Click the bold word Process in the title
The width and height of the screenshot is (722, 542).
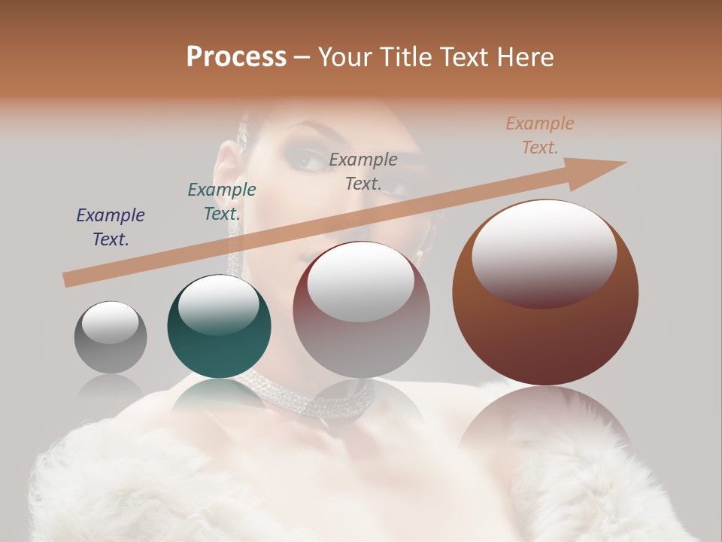click(x=236, y=57)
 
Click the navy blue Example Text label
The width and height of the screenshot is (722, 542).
click(x=111, y=227)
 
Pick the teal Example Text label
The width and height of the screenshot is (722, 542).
click(x=222, y=202)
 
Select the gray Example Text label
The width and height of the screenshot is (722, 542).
click(x=363, y=171)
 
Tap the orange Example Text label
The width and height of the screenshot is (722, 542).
click(x=539, y=135)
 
